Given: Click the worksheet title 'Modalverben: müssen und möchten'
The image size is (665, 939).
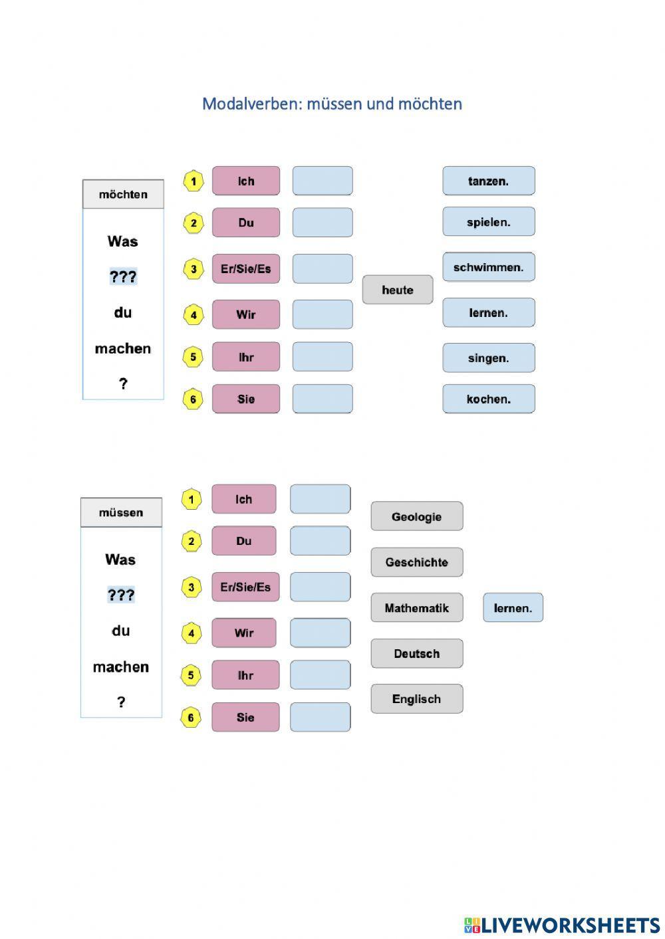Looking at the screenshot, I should coord(332,104).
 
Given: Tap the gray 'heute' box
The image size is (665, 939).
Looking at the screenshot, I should coord(398,290).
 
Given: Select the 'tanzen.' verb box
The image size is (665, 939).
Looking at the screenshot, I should coord(489,181).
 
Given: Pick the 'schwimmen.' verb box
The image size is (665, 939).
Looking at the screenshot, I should coord(489,267).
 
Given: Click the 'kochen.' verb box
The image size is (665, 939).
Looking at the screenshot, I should coord(489,399).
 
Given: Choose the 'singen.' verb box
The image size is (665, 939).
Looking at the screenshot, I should coord(489,358).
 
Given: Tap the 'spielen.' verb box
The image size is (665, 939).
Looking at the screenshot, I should coord(489,222).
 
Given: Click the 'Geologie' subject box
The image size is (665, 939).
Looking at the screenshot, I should coord(417,516).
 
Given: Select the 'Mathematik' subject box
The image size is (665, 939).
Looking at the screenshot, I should coord(417,607).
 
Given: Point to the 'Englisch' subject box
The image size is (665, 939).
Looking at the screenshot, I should coord(417,698).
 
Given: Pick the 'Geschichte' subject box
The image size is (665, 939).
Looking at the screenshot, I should coord(417,562).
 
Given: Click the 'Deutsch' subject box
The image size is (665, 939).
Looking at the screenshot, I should coord(417,653).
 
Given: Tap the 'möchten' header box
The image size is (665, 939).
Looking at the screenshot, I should coord(123,194).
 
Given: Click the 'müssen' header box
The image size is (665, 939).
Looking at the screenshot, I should coord(121,512).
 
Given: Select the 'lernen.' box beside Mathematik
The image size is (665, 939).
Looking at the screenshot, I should coord(513,607).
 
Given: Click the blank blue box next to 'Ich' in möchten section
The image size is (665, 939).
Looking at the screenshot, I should coord(323,181).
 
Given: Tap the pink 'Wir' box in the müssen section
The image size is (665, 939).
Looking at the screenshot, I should coord(244,633).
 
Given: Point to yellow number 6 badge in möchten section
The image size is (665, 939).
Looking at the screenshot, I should coord(193,399).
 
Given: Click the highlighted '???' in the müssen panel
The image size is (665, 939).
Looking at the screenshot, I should coord(121,595).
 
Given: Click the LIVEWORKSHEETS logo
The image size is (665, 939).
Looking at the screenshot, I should coord(562,924).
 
